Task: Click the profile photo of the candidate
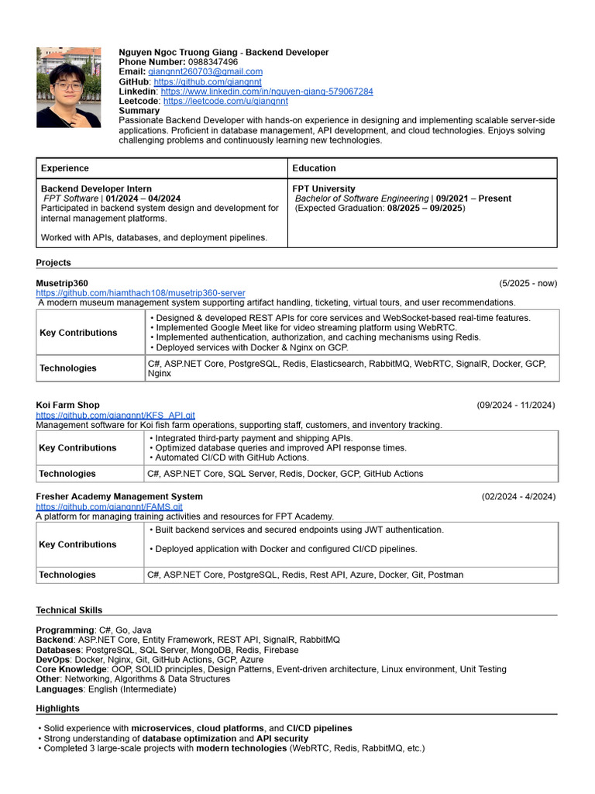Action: (68, 88)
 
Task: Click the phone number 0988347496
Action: (213, 62)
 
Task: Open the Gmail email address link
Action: (205, 71)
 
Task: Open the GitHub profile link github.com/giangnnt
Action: (208, 81)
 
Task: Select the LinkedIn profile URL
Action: (267, 91)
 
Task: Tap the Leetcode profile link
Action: (225, 101)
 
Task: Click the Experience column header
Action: (65, 168)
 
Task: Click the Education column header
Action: (314, 168)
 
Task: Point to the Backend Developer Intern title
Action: (96, 189)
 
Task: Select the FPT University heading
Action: (324, 189)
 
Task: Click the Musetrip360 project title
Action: (62, 283)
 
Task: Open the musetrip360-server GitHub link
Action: (140, 293)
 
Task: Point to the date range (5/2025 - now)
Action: (528, 283)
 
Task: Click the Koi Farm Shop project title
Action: (67, 406)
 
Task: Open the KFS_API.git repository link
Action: (115, 416)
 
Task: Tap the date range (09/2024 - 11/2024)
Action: (515, 406)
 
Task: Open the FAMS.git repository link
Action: (109, 506)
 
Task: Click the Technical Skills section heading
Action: (69, 610)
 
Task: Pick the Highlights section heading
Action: (57, 709)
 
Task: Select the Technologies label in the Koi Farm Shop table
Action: (67, 474)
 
